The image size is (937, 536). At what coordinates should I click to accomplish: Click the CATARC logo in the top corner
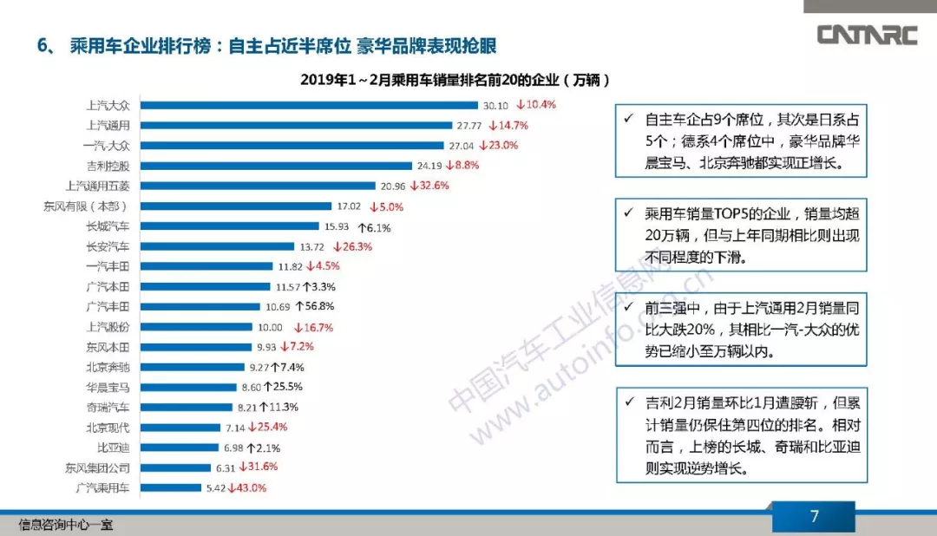pos(868,35)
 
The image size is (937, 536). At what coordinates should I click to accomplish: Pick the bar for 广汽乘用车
pos(171,488)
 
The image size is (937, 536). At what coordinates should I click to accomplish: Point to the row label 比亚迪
pos(113,448)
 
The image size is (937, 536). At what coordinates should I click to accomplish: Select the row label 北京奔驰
pos(108,367)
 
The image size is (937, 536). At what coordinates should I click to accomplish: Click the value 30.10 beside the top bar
pos(495,105)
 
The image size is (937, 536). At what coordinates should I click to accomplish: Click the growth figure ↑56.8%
pos(314,306)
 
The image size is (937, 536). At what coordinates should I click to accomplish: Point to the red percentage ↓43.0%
pos(247,488)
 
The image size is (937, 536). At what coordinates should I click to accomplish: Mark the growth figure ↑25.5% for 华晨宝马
pos(283,387)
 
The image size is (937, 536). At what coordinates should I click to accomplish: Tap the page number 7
pos(814,517)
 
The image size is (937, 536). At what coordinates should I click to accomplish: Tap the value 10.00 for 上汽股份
pos(270,327)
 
